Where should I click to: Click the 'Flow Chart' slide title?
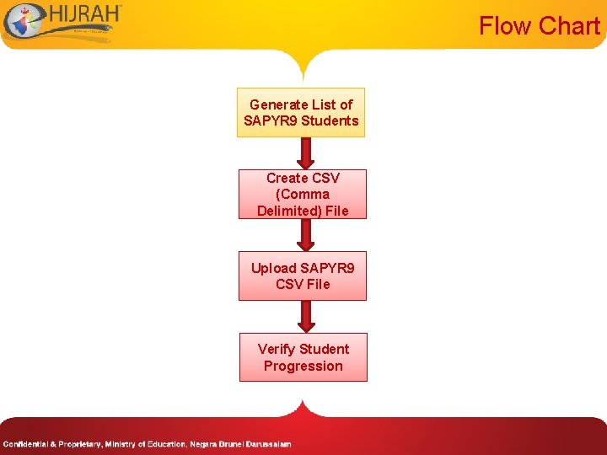click(539, 26)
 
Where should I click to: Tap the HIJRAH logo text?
click(84, 16)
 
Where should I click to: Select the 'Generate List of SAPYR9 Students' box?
click(301, 113)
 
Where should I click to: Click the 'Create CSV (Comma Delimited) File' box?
click(303, 194)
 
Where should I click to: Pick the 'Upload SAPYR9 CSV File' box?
click(303, 276)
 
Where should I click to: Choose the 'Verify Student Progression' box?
click(303, 357)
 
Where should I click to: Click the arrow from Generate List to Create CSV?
click(306, 153)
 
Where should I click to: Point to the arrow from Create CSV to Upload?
click(306, 234)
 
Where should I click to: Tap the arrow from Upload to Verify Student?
click(306, 316)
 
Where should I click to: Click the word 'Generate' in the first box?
click(279, 104)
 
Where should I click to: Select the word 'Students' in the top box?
click(330, 120)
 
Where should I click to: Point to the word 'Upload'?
click(274, 268)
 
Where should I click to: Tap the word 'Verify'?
click(277, 349)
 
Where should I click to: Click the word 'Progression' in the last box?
click(303, 366)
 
